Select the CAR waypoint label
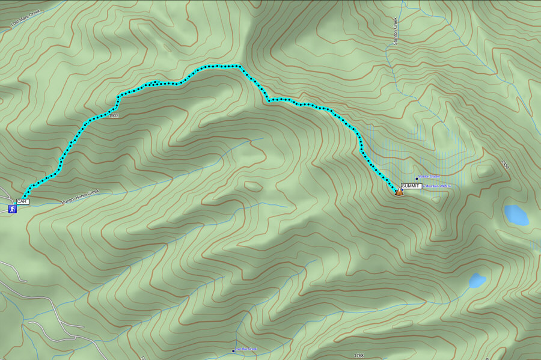click(x=23, y=201)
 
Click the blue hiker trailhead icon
click(x=11, y=209)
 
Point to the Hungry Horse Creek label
click(x=79, y=198)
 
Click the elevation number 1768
click(x=359, y=356)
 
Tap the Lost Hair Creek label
click(x=246, y=349)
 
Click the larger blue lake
click(x=516, y=215)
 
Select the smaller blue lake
click(x=477, y=280)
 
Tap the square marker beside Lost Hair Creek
click(x=233, y=350)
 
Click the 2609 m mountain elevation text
click(x=437, y=186)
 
